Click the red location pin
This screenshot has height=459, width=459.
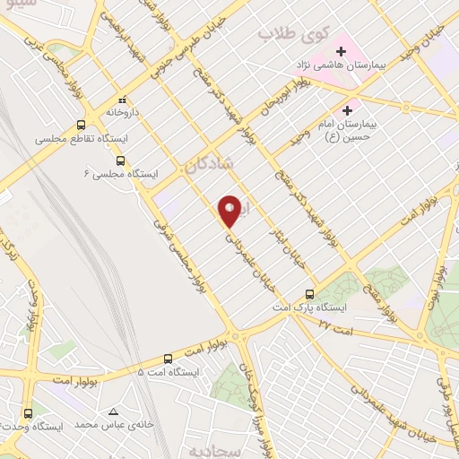[229, 210]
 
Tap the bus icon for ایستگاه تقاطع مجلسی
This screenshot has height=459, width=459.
[82, 126]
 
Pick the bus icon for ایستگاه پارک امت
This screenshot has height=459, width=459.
[310, 294]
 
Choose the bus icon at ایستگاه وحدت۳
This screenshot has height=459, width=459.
[29, 414]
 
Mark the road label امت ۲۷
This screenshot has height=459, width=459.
[335, 326]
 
